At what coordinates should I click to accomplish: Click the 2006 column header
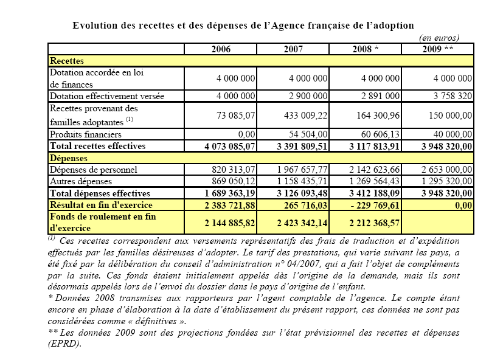[x=221, y=49]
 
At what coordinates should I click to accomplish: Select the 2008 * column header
[x=366, y=49]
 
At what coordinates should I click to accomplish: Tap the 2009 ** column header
[x=437, y=49]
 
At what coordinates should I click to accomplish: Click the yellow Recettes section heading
[x=67, y=61]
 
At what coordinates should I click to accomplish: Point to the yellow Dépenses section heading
[x=68, y=157]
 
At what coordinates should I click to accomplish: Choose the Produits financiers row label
[x=86, y=134]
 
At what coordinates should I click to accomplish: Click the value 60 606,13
[x=375, y=134]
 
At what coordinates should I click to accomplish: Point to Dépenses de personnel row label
[x=94, y=169]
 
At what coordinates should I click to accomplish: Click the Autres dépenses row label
[x=78, y=181]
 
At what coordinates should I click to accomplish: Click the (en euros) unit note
[x=439, y=38]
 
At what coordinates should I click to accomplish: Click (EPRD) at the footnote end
[x=64, y=343]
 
